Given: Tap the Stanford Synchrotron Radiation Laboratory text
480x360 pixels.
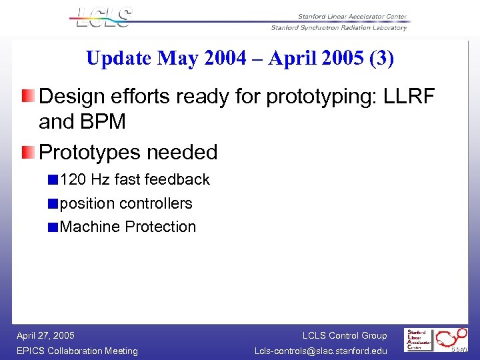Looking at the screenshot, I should (x=339, y=27).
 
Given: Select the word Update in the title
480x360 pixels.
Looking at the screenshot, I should (x=119, y=59).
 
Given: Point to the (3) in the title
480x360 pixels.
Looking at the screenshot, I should (x=380, y=59).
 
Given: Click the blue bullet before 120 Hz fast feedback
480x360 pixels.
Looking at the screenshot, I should (x=53, y=179).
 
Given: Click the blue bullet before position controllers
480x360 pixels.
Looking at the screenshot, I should (x=53, y=203).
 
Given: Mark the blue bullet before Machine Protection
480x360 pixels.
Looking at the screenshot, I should (x=53, y=227).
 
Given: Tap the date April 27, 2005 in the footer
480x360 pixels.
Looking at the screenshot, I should (x=45, y=335).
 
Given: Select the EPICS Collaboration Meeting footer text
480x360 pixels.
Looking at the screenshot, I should (x=77, y=351).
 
